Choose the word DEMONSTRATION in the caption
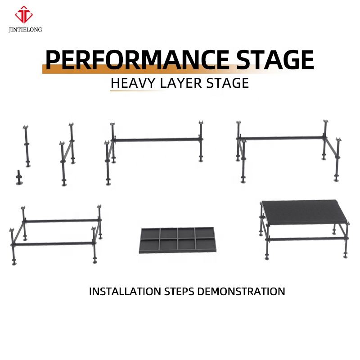(241, 291)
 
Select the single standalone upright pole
(27, 146)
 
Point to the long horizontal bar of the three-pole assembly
(156, 140)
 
